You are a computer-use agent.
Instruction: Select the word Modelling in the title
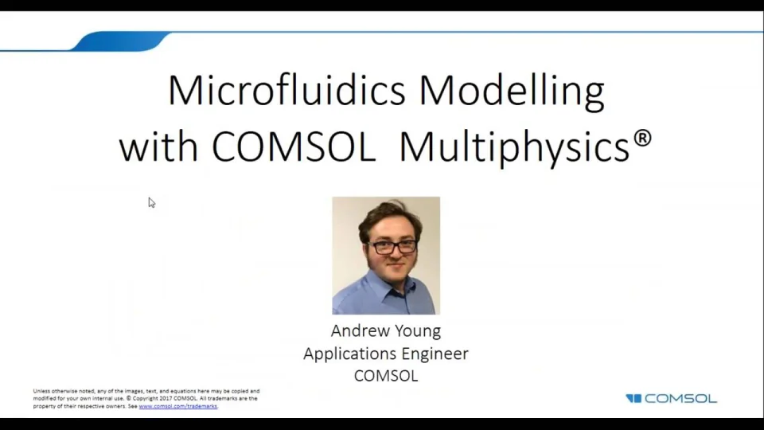tap(512, 92)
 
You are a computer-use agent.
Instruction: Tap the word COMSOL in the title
tap(293, 146)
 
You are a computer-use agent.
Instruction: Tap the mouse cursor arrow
tap(151, 202)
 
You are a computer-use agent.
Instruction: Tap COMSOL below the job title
tap(386, 375)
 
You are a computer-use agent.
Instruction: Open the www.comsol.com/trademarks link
tap(177, 406)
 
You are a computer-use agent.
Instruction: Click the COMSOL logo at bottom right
tap(671, 398)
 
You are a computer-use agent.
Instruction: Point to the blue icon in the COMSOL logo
tap(633, 398)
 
